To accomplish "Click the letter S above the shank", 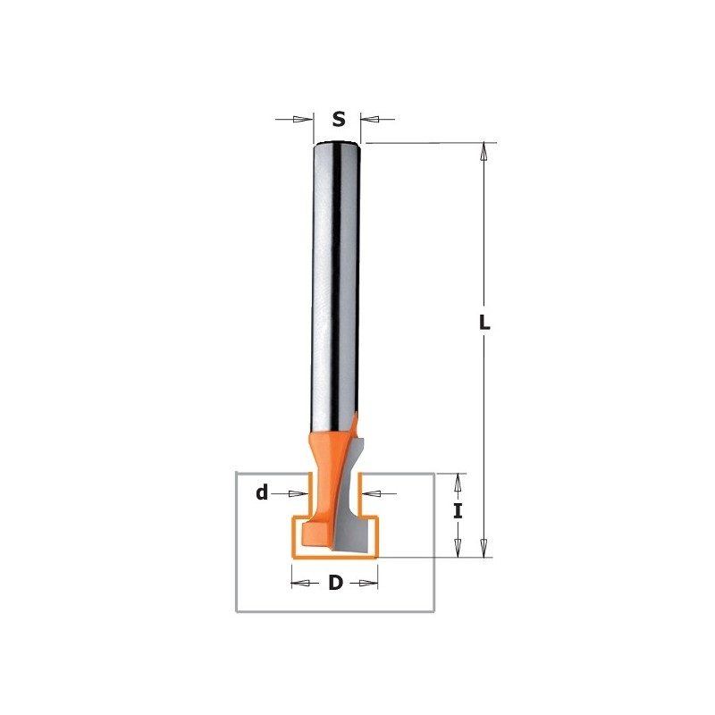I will point(338,119).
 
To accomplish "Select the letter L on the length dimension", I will point(484,324).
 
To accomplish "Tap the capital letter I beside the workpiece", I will point(458,511).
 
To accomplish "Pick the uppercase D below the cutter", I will point(335,584).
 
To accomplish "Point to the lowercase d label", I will point(262,493).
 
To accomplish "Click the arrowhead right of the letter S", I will point(369,119).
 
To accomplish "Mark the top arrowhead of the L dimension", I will point(484,151).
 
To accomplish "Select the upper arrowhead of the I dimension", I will point(458,482).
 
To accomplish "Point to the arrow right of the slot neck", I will point(370,493).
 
